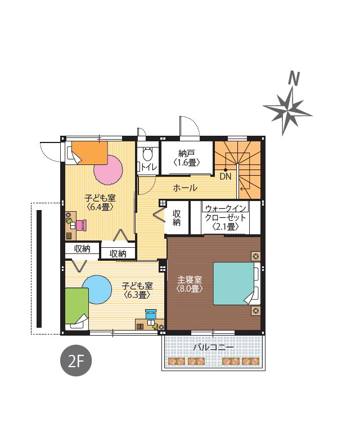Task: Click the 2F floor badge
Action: (x=76, y=360)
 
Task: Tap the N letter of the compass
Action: (x=294, y=78)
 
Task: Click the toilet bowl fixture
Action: (x=147, y=154)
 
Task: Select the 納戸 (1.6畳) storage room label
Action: (x=187, y=158)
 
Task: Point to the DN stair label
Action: (x=225, y=176)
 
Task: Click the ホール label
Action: (x=185, y=188)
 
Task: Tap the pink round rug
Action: (x=108, y=170)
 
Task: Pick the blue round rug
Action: (x=97, y=289)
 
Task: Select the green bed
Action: (x=77, y=309)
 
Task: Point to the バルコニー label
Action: (x=213, y=347)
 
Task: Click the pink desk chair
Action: (x=82, y=225)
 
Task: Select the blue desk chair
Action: (x=151, y=314)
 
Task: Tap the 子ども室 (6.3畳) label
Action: (x=137, y=290)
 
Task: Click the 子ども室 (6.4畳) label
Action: (x=100, y=202)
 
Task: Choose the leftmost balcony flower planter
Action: (x=177, y=362)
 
